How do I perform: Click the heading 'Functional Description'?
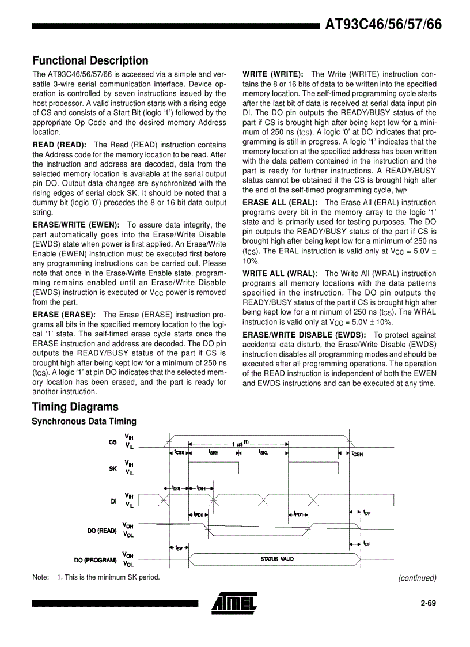click(90, 60)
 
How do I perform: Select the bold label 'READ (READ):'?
click(59, 145)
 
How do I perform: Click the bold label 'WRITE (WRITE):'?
click(273, 74)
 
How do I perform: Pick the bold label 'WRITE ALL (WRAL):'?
click(280, 274)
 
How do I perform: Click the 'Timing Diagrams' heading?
click(75, 407)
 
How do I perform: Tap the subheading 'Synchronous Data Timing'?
click(84, 422)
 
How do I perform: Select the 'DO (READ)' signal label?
click(102, 530)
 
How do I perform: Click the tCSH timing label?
click(357, 453)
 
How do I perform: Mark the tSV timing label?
click(180, 547)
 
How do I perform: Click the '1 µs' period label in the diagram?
click(240, 444)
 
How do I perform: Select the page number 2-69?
click(428, 604)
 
